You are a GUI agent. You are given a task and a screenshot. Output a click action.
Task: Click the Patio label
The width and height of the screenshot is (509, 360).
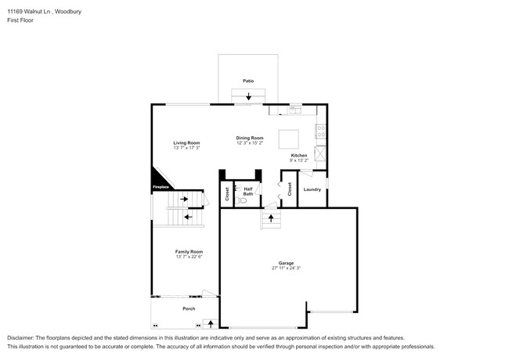tap(248, 80)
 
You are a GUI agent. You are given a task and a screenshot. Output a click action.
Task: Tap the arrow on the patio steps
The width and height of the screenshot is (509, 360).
tap(249, 96)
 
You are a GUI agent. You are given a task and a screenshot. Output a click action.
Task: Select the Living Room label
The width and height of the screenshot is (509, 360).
tap(186, 142)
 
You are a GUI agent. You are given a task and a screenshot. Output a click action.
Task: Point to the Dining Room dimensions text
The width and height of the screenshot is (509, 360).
tap(250, 143)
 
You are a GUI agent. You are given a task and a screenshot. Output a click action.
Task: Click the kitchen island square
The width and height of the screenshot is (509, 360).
tap(288, 139)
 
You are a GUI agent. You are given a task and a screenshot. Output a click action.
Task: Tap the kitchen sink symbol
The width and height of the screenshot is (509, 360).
tap(295, 108)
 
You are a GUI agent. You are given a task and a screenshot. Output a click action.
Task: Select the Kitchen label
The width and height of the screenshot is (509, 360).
tap(299, 155)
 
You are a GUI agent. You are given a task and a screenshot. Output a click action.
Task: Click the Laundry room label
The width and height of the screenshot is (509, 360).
tap(312, 189)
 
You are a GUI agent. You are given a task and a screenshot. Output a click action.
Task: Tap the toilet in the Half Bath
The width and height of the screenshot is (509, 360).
tap(243, 200)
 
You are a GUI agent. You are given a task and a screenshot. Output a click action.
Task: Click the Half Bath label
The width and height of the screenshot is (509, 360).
tap(247, 190)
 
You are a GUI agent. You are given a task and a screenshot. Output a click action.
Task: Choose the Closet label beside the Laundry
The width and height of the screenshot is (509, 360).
tap(289, 189)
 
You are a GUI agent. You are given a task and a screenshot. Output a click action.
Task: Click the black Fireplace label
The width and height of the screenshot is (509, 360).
tap(160, 186)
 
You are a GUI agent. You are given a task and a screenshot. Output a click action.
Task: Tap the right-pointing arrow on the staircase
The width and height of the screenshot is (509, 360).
tap(186, 200)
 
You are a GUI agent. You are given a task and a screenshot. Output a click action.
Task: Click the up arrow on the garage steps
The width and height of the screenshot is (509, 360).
tap(271, 221)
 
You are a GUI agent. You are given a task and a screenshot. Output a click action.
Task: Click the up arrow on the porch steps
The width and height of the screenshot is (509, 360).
tap(210, 322)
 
